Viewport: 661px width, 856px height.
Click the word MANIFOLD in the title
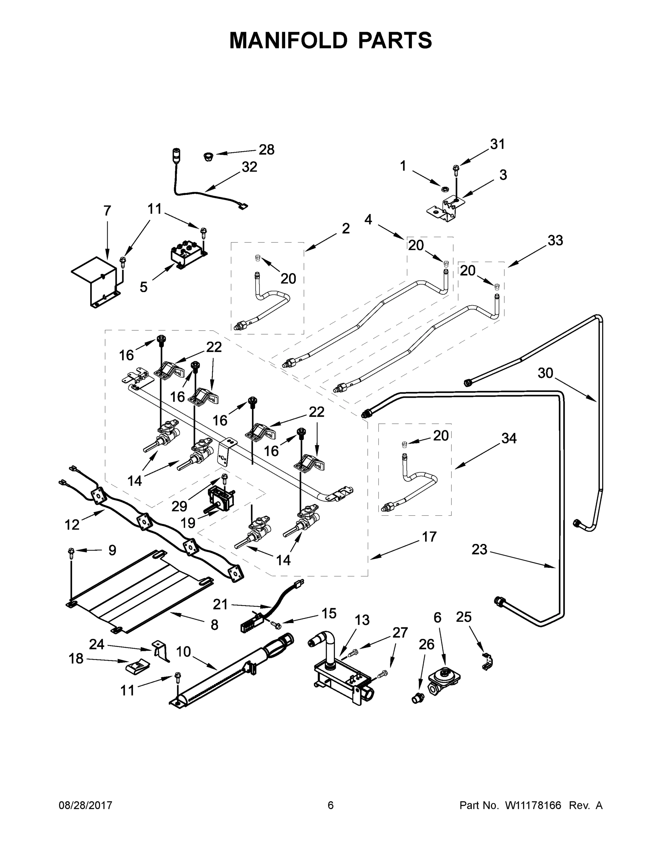coord(288,40)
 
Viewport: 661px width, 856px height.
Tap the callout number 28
coord(266,149)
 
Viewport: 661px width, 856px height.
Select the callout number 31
coord(497,144)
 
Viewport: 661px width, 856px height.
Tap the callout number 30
coord(545,373)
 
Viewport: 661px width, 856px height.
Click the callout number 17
coord(429,536)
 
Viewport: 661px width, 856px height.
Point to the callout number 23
coord(479,550)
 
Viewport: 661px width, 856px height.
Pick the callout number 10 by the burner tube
coord(183,651)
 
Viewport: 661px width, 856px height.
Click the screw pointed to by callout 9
coord(71,552)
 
